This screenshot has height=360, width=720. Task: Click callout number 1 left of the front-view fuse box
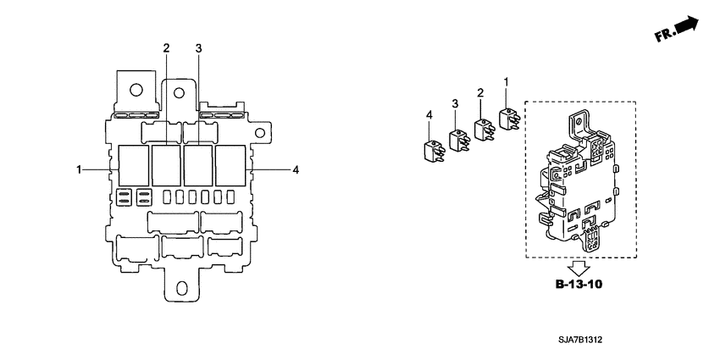(79, 170)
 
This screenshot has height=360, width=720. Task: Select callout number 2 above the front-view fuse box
(166, 47)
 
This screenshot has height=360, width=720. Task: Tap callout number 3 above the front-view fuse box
(198, 47)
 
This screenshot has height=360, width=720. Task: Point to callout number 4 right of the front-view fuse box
(295, 170)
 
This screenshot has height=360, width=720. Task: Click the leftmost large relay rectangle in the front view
(133, 165)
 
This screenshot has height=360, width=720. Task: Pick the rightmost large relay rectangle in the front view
(230, 165)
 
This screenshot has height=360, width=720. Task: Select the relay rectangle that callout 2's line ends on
(165, 165)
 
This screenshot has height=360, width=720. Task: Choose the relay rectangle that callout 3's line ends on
(197, 165)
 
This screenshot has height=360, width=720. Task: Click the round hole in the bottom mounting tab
(180, 286)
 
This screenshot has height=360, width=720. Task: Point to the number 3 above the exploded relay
(454, 102)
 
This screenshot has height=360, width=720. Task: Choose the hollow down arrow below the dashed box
(579, 264)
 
